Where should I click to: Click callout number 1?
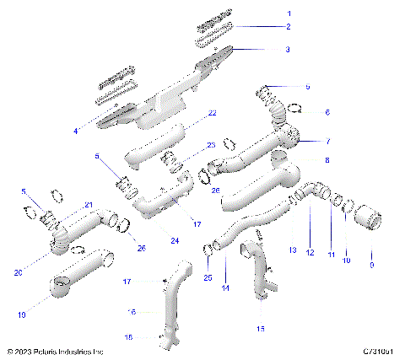[288, 13]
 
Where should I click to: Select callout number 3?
[288, 50]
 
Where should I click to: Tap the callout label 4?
[76, 132]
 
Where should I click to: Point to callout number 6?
[305, 112]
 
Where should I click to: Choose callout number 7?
[305, 141]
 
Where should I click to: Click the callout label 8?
[305, 159]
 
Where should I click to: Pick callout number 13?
[293, 250]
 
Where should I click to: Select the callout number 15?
[260, 328]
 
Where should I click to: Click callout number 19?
[21, 314]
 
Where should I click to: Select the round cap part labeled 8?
[279, 155]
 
